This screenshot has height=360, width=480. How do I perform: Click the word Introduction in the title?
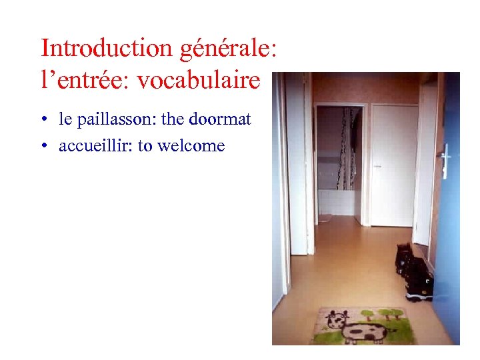(87, 49)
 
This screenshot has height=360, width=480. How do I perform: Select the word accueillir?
(96, 146)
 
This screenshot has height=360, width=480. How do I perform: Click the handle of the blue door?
(445, 160)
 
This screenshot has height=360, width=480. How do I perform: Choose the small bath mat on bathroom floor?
(325, 219)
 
